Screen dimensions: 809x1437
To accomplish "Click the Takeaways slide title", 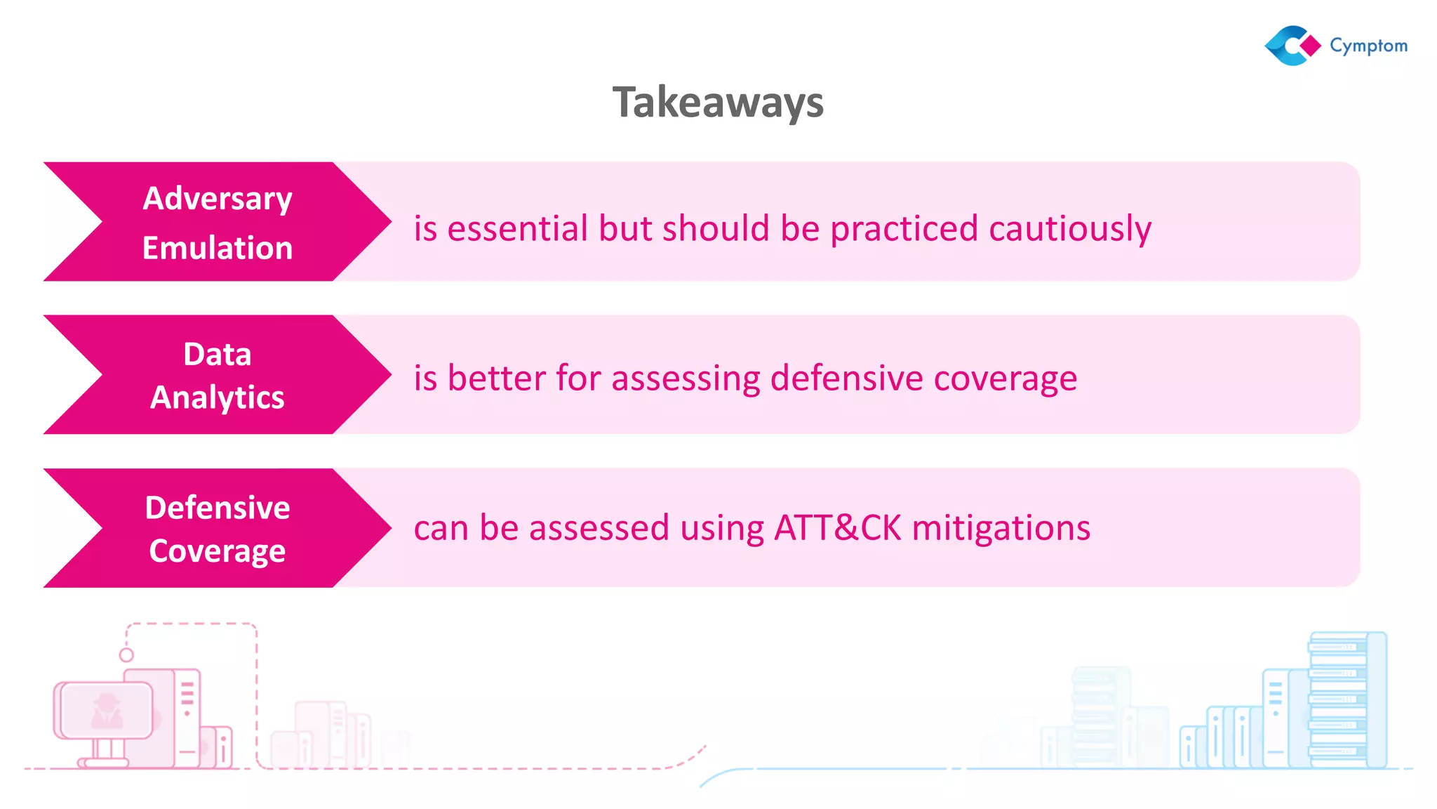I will point(718,103).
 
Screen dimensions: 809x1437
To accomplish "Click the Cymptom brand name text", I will point(1368,46).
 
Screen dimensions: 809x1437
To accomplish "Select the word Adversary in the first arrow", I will point(218,199).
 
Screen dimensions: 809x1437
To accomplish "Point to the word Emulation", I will point(218,248).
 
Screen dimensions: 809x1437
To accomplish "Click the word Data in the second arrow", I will point(218,354).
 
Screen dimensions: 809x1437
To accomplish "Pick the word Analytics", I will point(218,397).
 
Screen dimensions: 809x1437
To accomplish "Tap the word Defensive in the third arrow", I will point(218,508).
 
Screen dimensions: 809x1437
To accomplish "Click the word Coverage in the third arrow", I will point(218,551).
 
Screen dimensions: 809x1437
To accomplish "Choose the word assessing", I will point(686,379).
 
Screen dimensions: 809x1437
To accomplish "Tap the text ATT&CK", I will point(837,528).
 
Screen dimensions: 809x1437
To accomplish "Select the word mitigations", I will point(1001,528).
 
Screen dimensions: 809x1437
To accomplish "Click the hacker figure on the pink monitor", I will point(107,711).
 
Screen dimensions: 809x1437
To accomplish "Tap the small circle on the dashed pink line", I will point(126,655).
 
